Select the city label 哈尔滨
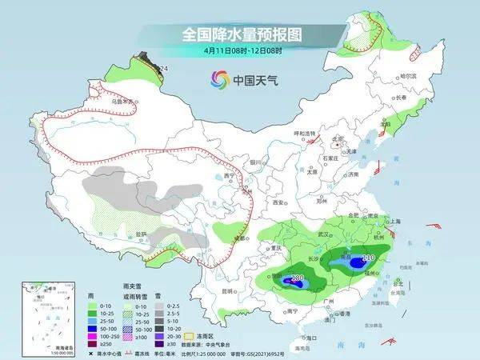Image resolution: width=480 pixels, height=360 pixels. [408, 75]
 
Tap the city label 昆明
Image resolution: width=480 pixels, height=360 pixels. [229, 290]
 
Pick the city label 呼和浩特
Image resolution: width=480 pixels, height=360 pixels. [304, 133]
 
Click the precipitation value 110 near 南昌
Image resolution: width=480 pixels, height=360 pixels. [368, 258]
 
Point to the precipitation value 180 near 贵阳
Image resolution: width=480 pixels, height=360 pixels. [297, 278]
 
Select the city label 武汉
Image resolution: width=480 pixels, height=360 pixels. [324, 234]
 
